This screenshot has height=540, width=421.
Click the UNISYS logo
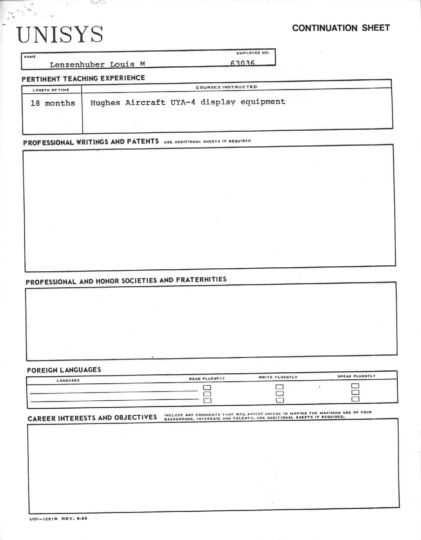[x=60, y=35]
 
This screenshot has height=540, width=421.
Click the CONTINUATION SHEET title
[x=341, y=28]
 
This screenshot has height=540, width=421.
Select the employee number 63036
[x=243, y=63]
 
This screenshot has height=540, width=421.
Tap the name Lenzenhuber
[x=78, y=64]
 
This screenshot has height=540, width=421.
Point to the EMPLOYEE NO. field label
[x=253, y=53]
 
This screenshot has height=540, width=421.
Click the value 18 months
[x=53, y=103]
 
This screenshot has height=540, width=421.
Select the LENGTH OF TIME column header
[x=51, y=90]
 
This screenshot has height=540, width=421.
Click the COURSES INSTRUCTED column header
[x=226, y=87]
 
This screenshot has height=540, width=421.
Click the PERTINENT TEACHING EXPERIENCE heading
[x=83, y=79]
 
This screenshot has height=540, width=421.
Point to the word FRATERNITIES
[x=201, y=280]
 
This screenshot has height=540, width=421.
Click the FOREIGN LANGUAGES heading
[x=64, y=370]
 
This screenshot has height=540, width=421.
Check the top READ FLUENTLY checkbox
[x=207, y=388]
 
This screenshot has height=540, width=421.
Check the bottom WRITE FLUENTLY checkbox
[x=280, y=400]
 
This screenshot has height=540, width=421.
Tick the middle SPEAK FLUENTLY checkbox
[x=355, y=392]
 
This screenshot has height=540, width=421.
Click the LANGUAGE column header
[x=68, y=381]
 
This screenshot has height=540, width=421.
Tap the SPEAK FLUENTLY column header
[x=356, y=376]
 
